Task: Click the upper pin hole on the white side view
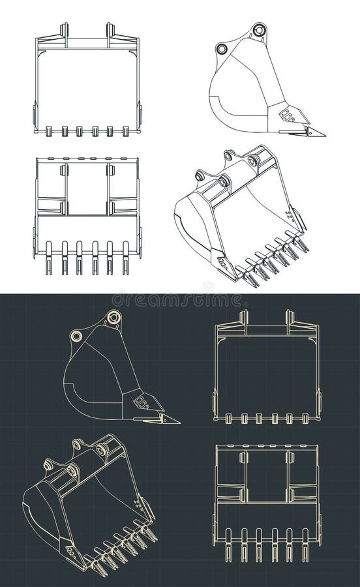[259, 30]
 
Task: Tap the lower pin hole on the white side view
[222, 49]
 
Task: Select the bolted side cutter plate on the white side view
[286, 115]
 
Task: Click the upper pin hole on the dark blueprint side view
[114, 318]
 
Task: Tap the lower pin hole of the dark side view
[77, 336]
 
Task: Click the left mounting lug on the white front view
[64, 31]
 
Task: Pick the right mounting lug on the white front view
[110, 31]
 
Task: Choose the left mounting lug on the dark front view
[244, 318]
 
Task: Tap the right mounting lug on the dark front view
[290, 318]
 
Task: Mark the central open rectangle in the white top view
[87, 189]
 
